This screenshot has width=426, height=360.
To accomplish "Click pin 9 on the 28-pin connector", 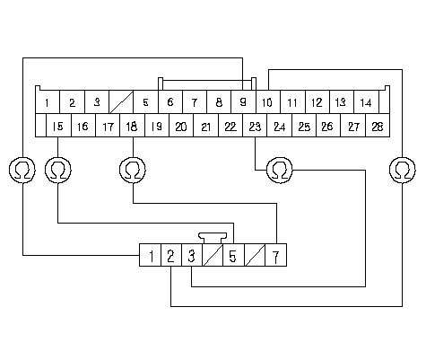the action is point(243,102).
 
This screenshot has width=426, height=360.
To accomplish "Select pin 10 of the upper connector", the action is point(268,102).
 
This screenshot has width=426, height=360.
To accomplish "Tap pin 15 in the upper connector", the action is point(58,126).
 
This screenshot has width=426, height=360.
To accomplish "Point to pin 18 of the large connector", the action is point(132,126).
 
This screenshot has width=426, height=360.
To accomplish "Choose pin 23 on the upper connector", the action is point(255,126).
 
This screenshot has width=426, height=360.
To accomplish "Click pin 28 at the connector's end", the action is point(378,126).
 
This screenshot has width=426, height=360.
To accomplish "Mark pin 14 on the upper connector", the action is point(366,102).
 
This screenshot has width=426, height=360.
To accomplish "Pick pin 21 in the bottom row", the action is point(206,126).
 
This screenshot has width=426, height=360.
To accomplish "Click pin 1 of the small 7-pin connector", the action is point(151,255).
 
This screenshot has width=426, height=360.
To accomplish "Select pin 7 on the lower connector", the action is point(276,255).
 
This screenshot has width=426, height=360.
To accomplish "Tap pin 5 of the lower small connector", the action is point(233,255).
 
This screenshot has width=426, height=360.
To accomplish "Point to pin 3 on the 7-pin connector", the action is point(192,255).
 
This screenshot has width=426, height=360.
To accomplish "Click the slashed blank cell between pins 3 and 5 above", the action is point(121,102).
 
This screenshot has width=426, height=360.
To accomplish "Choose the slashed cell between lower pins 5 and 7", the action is point(255,255).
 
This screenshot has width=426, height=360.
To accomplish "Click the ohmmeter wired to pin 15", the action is point(58,170).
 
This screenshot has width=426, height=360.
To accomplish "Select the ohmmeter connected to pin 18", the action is point(133,170).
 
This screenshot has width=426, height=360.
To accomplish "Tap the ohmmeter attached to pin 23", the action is point(280,170).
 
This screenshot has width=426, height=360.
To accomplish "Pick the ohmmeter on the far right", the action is point(403,170).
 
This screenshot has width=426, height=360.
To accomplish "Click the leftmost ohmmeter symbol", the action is point(22,170).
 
